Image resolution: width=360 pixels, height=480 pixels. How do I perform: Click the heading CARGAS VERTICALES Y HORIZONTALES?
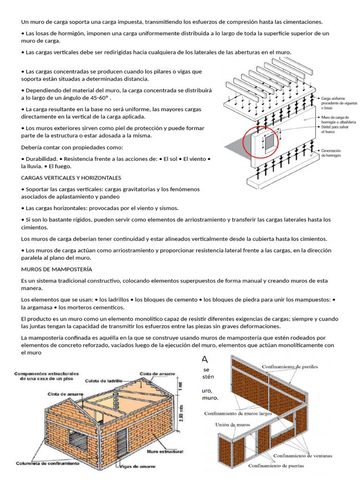tap(71, 178)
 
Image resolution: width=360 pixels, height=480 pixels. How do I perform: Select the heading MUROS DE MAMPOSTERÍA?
tap(57, 269)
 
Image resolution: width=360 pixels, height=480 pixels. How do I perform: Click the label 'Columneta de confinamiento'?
tap(47, 463)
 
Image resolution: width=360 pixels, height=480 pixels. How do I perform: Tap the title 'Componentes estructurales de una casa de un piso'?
tap(46, 376)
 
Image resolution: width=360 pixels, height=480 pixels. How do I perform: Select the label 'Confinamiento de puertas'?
tap(276, 465)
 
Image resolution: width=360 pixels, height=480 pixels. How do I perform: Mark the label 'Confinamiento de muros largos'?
tap(239, 413)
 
